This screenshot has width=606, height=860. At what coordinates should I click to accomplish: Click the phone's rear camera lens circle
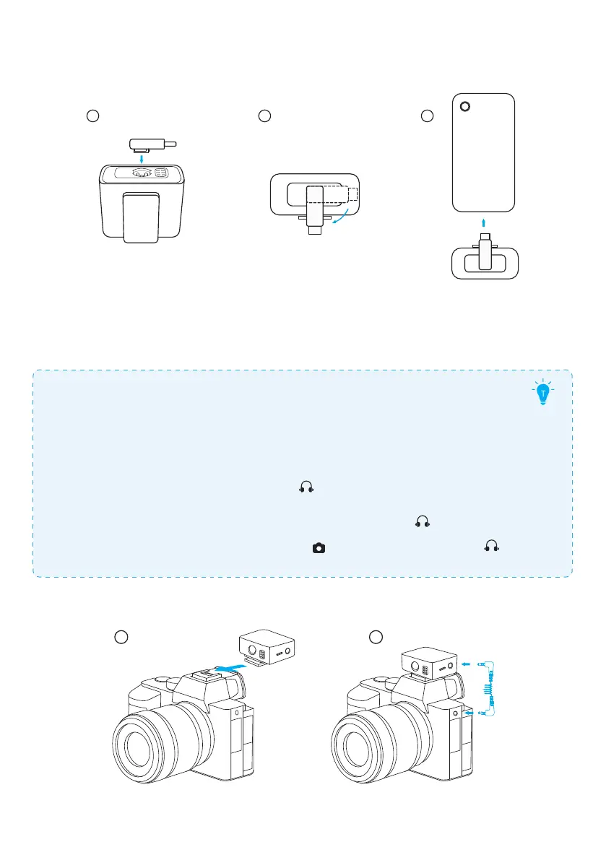(464, 107)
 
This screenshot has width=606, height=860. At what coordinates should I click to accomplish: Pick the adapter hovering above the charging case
(150, 144)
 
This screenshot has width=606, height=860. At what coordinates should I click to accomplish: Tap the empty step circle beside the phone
(428, 115)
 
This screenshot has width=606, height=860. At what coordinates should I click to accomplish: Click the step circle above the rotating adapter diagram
(264, 115)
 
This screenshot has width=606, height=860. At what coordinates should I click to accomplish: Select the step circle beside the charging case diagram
(92, 115)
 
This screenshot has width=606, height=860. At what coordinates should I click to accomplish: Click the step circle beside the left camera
(122, 636)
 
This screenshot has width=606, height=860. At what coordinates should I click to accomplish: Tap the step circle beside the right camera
(375, 636)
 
